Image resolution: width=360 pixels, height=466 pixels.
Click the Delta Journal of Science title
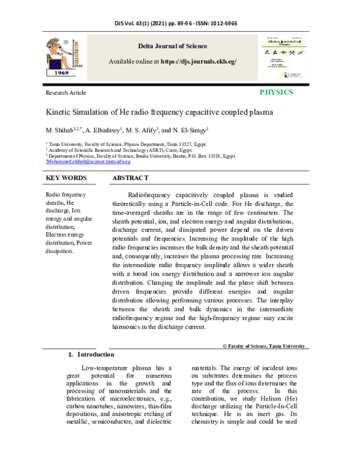(x=173, y=46)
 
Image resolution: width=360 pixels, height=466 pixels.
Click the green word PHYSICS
(x=276, y=93)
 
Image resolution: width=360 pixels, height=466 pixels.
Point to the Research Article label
(x=66, y=93)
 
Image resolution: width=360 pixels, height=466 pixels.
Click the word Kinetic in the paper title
(x=59, y=112)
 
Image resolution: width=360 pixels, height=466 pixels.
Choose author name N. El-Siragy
(x=190, y=130)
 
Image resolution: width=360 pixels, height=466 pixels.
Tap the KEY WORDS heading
(x=66, y=178)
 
